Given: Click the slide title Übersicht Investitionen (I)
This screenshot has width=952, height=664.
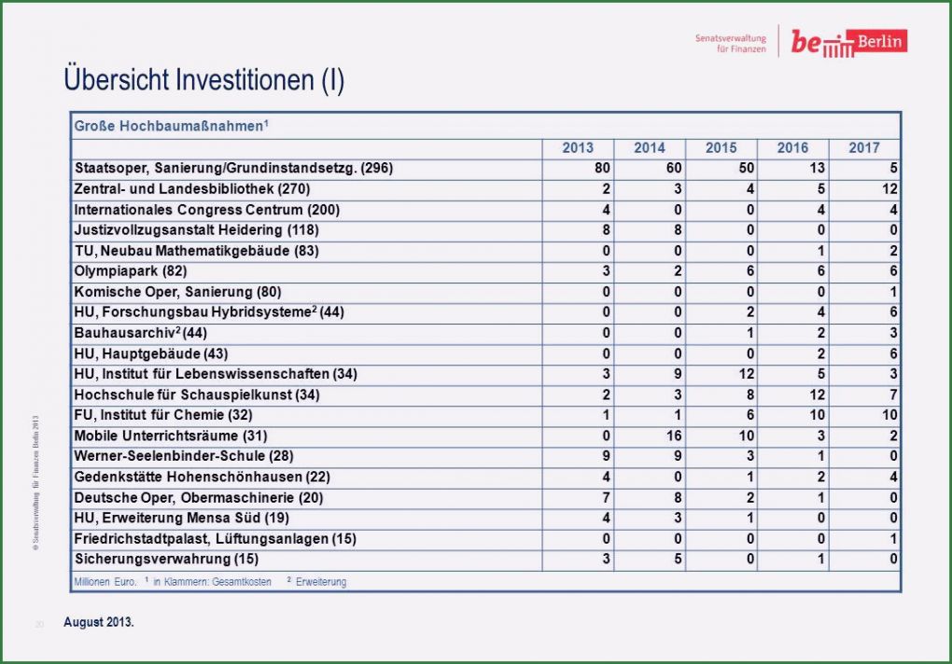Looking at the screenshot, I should tap(203, 80).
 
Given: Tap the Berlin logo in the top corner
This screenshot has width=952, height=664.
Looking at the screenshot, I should tap(847, 43).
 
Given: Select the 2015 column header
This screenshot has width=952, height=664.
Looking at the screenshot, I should tap(721, 148).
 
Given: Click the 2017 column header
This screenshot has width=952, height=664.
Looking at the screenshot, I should tap(864, 148).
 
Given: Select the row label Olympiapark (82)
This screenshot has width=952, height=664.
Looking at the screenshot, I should tap(131, 271).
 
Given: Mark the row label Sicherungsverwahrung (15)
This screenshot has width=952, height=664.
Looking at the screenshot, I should tap(166, 559).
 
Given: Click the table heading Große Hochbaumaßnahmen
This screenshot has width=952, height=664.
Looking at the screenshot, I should tap(172, 124).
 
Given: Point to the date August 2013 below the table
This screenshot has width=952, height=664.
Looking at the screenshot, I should tap(98, 622).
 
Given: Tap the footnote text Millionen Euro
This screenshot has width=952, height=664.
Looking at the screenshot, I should tap(105, 582).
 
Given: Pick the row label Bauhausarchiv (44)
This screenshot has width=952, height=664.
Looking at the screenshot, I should tap(140, 333).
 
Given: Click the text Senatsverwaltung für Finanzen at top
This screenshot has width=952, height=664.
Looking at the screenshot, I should tap(730, 44).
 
